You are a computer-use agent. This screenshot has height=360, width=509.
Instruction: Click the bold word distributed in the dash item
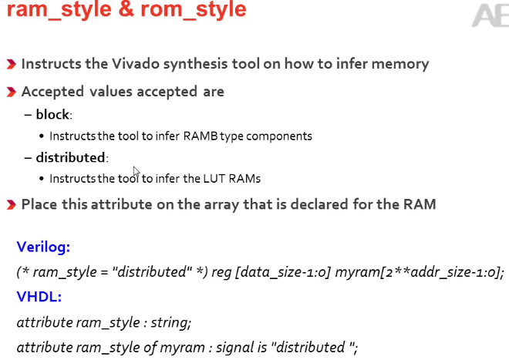[x=70, y=157]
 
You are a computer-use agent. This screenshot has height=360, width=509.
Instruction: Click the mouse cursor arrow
[x=137, y=173]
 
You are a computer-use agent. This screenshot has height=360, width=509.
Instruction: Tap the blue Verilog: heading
[x=43, y=247]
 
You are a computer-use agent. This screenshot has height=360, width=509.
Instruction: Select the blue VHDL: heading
[x=39, y=296]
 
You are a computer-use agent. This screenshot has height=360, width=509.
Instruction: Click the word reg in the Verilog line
[x=211, y=271]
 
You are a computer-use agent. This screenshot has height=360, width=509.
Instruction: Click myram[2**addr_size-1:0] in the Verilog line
[x=420, y=271]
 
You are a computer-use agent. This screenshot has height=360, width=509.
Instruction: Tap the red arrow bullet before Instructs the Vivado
[x=11, y=65]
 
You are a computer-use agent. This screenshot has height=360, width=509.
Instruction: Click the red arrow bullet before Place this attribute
[x=11, y=205]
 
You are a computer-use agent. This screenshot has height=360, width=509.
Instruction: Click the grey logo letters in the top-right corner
[x=487, y=15]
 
